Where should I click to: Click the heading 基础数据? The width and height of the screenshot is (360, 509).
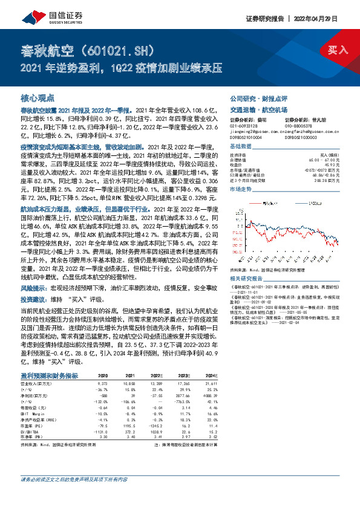click(241, 148)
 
